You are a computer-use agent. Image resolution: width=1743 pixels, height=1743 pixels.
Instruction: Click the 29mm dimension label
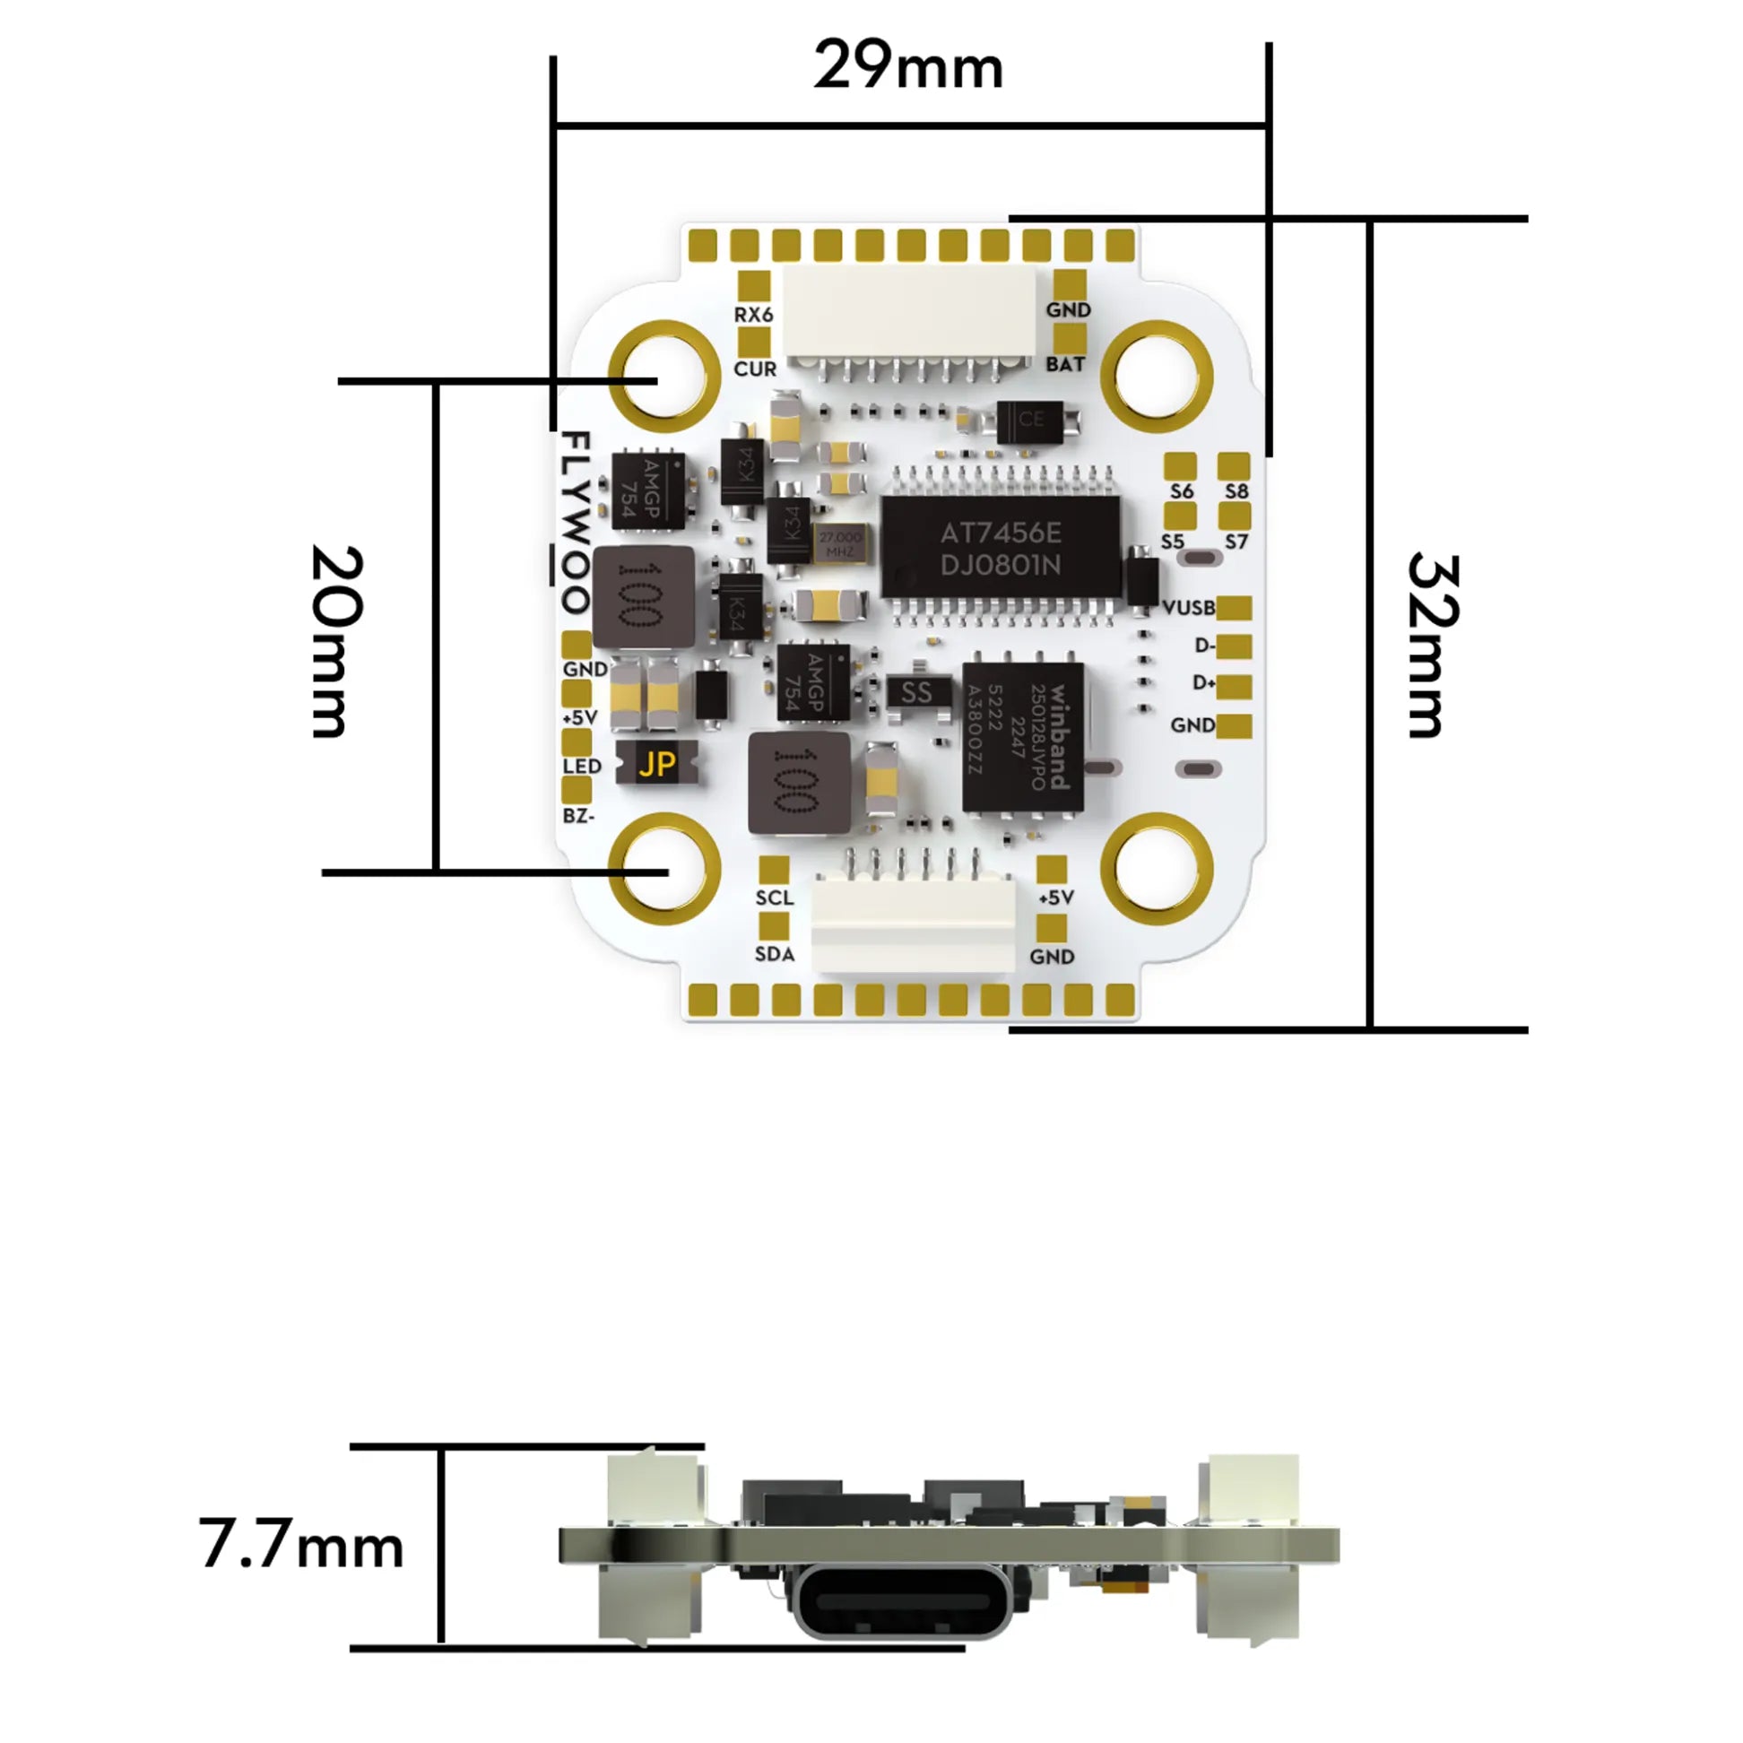coord(907,66)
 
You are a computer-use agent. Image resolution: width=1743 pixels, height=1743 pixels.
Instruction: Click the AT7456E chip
coord(1001,549)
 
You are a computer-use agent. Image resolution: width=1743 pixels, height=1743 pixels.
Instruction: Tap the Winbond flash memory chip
coord(1023,737)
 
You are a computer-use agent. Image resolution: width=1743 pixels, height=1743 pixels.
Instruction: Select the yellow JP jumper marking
coord(656,764)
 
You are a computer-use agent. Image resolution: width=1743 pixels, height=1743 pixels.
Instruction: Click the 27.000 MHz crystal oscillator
coord(840,543)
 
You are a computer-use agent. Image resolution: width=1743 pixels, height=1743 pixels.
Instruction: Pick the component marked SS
coord(916,693)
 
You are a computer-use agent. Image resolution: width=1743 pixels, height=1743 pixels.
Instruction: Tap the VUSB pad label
coord(1188,608)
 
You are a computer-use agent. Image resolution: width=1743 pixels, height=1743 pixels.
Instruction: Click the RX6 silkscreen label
coord(753,315)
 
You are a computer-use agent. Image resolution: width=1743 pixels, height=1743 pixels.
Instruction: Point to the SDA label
coord(774,955)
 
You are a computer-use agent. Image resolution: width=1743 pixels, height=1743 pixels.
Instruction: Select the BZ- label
coord(578,816)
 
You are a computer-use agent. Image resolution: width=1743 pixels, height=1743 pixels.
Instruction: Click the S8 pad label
coord(1236,491)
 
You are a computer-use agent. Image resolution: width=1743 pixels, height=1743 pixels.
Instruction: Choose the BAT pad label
coord(1064,365)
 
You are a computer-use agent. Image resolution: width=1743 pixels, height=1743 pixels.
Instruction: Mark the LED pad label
coord(582,766)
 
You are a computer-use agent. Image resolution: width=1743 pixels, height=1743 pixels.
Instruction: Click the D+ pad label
coord(1203,683)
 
